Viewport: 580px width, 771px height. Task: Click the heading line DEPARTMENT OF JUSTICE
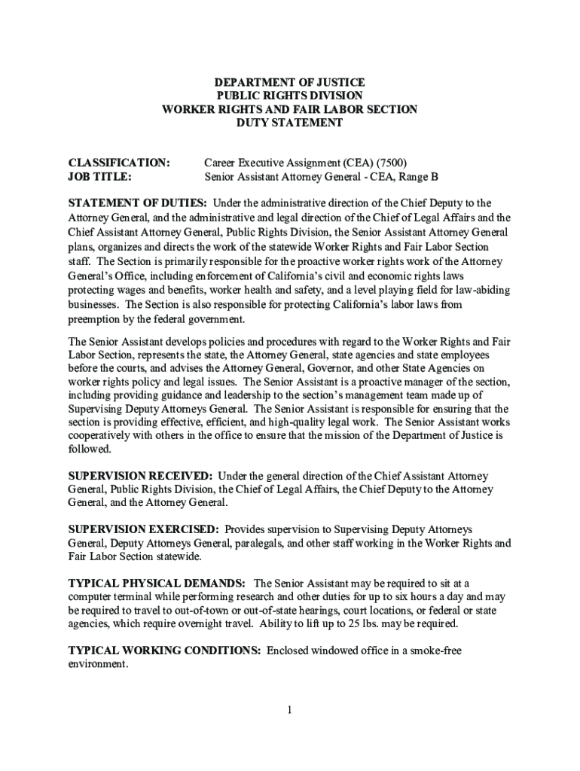point(289,82)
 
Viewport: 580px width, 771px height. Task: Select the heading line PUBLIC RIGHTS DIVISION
point(289,96)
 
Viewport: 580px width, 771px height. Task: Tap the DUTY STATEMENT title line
point(289,123)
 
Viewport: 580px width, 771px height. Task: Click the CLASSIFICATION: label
point(119,163)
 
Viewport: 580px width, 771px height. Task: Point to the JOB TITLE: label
point(100,177)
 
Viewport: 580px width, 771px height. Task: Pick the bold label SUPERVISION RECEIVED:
point(141,476)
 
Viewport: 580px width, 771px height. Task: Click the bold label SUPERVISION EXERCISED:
point(144,530)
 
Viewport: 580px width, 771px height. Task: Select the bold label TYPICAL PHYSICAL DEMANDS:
point(157,584)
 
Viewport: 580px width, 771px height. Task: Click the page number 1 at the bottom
point(289,710)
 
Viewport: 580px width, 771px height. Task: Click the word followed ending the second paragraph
point(89,449)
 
